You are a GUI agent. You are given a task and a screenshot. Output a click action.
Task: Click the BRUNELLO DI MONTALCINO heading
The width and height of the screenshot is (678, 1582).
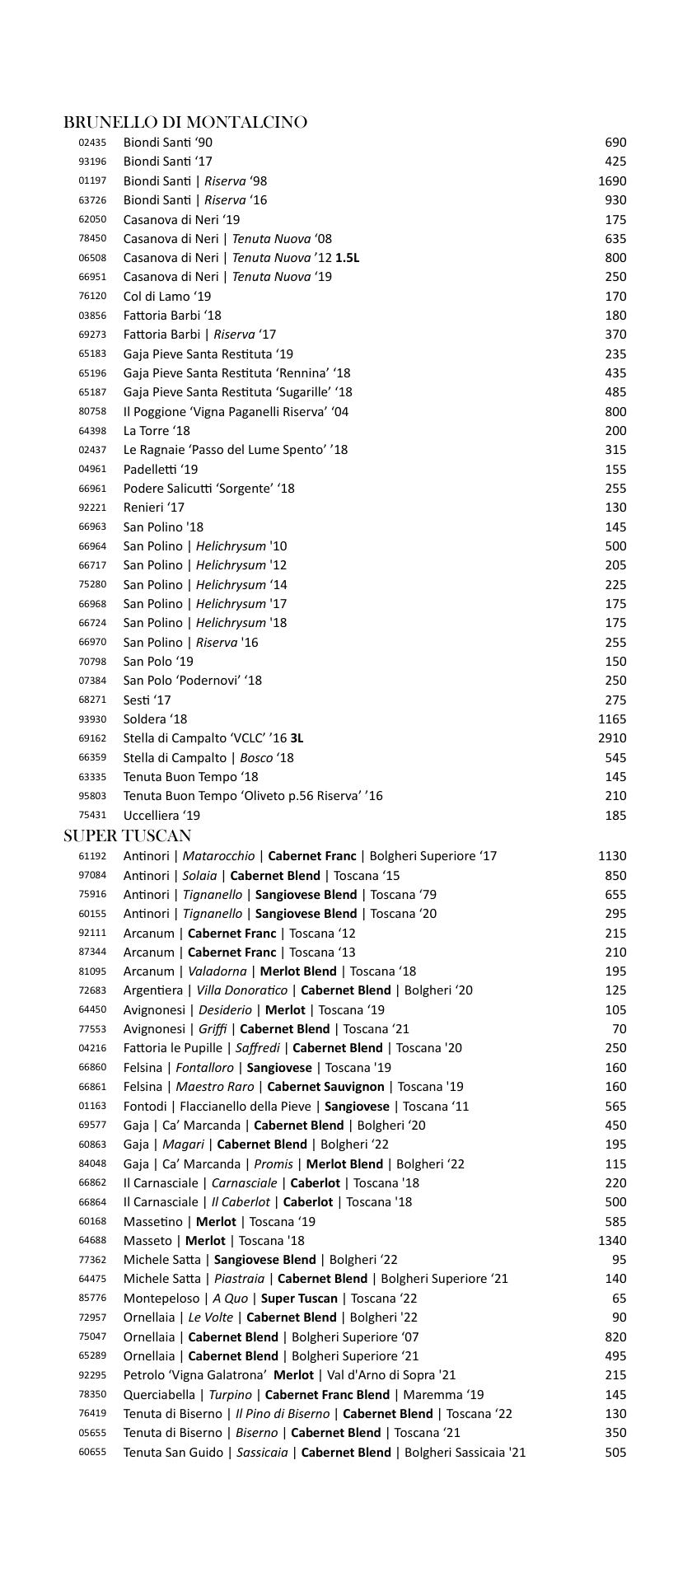(185, 123)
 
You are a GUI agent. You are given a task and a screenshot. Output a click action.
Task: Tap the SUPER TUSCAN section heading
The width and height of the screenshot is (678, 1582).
(128, 836)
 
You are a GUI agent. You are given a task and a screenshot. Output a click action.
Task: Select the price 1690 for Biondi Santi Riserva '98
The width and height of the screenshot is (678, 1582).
(612, 181)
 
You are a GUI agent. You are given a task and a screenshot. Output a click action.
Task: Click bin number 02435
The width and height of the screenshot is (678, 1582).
(92, 143)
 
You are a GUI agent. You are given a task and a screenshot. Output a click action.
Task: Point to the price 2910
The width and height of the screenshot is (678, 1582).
(612, 739)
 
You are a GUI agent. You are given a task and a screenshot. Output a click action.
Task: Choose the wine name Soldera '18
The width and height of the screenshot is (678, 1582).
(155, 719)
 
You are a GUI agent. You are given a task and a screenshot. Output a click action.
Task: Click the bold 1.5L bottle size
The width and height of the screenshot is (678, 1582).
(347, 258)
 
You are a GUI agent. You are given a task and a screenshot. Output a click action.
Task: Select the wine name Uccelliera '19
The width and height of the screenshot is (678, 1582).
(161, 816)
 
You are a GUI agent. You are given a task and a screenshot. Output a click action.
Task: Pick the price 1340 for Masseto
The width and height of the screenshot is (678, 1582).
(612, 1241)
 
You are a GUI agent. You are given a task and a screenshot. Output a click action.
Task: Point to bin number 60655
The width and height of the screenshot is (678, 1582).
(92, 1453)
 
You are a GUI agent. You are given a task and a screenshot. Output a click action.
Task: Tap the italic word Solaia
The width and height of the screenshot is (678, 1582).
(200, 876)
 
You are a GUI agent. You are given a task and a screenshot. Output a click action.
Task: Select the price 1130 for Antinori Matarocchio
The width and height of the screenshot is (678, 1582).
(612, 857)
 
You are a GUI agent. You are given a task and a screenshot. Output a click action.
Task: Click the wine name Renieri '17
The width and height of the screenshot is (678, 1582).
(154, 508)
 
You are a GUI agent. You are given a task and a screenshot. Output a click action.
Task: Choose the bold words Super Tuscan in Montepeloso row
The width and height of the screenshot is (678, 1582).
(299, 1299)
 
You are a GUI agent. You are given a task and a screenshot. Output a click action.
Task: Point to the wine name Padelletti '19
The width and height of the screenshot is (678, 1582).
(161, 470)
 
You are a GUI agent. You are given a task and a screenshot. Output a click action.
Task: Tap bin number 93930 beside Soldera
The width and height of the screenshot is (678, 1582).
(92, 719)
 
